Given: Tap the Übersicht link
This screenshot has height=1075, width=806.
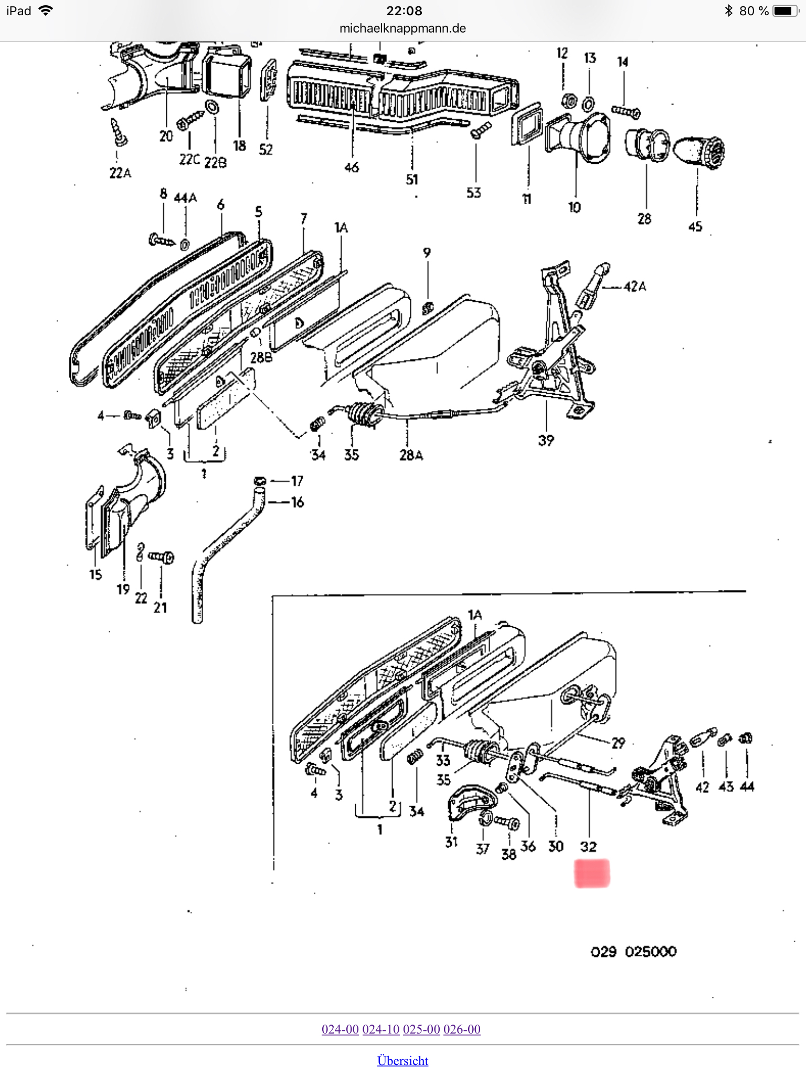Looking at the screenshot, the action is (402, 1060).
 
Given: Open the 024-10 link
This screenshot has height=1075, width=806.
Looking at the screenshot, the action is (381, 1029).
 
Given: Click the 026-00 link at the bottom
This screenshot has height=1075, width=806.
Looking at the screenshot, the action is (462, 1029).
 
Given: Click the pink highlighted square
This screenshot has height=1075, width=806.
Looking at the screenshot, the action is (592, 873).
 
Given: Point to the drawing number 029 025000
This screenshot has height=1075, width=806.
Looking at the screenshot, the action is (633, 951).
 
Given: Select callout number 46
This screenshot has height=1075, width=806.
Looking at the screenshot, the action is (352, 167).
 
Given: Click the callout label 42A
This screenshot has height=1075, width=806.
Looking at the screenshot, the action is (635, 287).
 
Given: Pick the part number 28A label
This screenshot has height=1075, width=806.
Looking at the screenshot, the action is (411, 455).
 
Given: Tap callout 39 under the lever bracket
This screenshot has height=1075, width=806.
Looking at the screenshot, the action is (546, 440).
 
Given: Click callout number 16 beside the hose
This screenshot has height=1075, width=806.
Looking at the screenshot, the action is (298, 502).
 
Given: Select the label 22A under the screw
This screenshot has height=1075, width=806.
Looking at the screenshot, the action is (120, 173).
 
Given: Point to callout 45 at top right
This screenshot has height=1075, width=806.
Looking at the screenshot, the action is (695, 226).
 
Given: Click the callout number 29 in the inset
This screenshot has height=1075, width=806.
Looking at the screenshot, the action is (618, 743).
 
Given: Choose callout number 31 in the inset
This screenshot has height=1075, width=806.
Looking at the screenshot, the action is (451, 842).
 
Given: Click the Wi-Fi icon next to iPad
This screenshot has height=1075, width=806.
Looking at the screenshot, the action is (46, 10).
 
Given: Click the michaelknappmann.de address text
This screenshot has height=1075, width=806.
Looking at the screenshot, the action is (402, 28).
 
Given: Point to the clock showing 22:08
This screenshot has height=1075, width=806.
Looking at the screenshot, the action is (404, 10).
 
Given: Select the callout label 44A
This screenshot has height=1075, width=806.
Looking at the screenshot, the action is (185, 198).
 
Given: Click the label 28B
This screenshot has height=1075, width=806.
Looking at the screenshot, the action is (261, 357).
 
